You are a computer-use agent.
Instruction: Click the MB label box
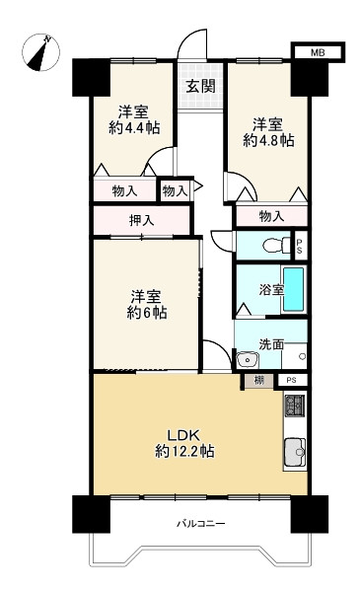click(x=318, y=52)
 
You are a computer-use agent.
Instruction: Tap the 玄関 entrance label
click(x=200, y=87)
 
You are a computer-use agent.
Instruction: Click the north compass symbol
click(x=40, y=52)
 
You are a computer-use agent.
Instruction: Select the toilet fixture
click(x=275, y=246)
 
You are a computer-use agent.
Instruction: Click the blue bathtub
click(x=294, y=289)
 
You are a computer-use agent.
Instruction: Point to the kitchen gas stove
click(x=295, y=406)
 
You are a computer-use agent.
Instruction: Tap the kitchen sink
click(x=295, y=452)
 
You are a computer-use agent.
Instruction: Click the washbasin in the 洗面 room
click(x=248, y=359)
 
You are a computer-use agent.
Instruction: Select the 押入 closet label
click(x=141, y=220)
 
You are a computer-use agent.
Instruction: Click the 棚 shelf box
click(x=258, y=381)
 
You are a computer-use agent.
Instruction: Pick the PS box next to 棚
click(x=292, y=380)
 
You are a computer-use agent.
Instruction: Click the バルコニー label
click(x=201, y=524)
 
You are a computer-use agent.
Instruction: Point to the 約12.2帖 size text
click(x=184, y=451)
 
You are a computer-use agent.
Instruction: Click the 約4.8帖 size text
click(x=268, y=140)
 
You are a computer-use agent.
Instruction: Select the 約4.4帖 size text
click(x=134, y=128)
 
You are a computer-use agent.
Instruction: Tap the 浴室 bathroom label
click(x=271, y=289)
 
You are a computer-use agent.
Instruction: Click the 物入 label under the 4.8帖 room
click(x=271, y=216)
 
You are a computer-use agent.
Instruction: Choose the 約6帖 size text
click(x=146, y=313)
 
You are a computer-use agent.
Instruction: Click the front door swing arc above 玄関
click(x=187, y=38)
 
